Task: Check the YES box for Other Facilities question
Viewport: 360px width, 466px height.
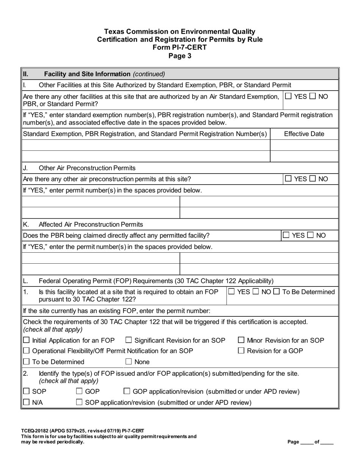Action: [288, 96]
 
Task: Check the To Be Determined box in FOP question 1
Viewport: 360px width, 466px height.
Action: [276, 292]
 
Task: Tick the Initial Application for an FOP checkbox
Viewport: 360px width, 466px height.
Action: [27, 340]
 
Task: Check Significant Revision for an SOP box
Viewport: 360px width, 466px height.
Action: [128, 340]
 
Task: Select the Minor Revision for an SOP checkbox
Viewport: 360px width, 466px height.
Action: [241, 340]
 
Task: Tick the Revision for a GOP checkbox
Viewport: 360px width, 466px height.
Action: [241, 351]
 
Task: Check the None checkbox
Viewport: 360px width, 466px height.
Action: [128, 362]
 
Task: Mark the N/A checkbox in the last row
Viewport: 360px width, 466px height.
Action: [27, 402]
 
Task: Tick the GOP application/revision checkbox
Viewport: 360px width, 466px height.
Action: [127, 391]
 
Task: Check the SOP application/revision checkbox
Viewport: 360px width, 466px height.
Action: [79, 402]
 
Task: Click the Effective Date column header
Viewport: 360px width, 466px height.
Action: [304, 134]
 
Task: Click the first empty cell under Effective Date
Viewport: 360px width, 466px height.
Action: [304, 145]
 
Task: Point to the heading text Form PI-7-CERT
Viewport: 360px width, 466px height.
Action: [180, 47]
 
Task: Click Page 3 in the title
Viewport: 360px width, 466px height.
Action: [180, 56]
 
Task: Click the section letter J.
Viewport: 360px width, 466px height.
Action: [25, 168]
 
